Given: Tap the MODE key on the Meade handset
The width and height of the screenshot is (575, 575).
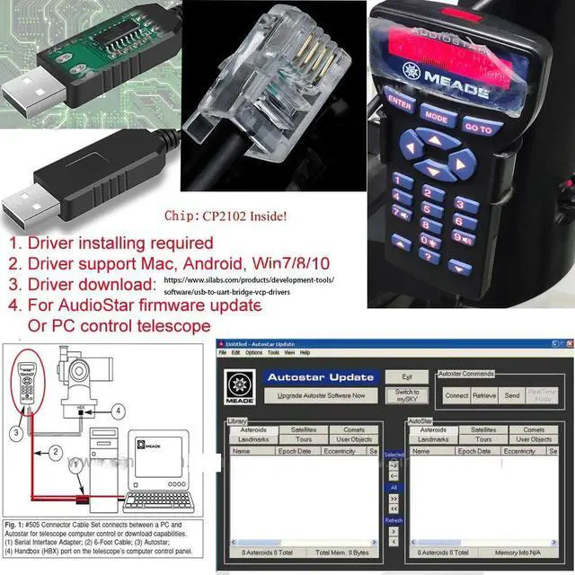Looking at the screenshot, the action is [x=435, y=116].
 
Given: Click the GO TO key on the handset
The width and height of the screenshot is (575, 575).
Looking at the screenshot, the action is [x=477, y=128].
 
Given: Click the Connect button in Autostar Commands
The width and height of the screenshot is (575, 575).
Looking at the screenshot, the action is [x=456, y=395].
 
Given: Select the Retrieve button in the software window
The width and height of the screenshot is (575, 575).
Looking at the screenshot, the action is [x=484, y=395].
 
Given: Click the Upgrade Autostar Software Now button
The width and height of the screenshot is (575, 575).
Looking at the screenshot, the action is [x=321, y=395].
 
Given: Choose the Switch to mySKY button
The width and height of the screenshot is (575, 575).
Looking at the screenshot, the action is [x=408, y=395].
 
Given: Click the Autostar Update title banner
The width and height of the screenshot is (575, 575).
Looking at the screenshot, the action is [x=320, y=376].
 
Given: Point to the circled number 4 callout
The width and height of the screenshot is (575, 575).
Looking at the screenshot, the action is [x=118, y=413].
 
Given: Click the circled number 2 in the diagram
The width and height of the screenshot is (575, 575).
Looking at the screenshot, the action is [x=55, y=451].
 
